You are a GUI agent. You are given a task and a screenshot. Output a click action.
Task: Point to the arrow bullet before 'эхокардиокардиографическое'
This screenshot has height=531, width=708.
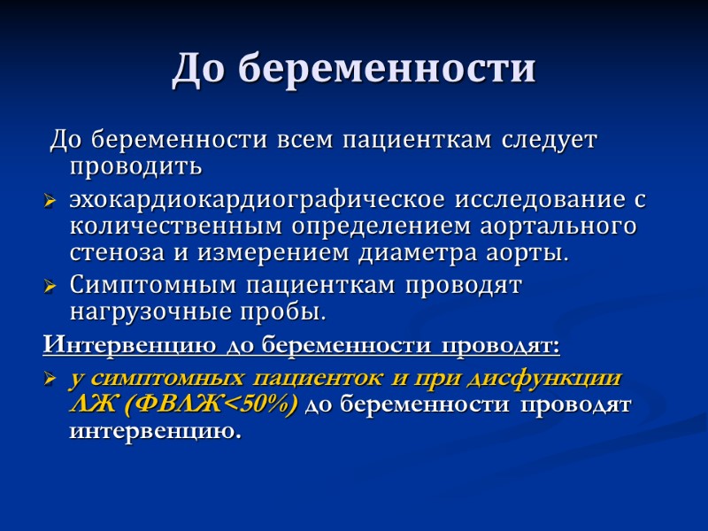click(50, 201)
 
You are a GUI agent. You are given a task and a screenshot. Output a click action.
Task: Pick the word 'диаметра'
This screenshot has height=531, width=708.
click(399, 252)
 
